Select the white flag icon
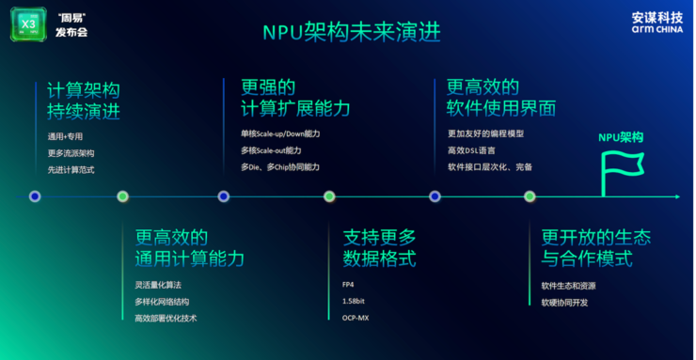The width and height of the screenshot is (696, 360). (622, 169)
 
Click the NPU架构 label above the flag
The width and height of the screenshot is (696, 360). (621, 137)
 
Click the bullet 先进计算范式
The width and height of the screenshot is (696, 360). (71, 170)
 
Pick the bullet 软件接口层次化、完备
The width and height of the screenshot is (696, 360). (488, 167)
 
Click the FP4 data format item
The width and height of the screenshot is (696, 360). (348, 284)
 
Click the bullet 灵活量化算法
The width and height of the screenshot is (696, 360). (160, 284)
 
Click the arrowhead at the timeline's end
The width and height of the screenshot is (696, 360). (675, 196)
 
